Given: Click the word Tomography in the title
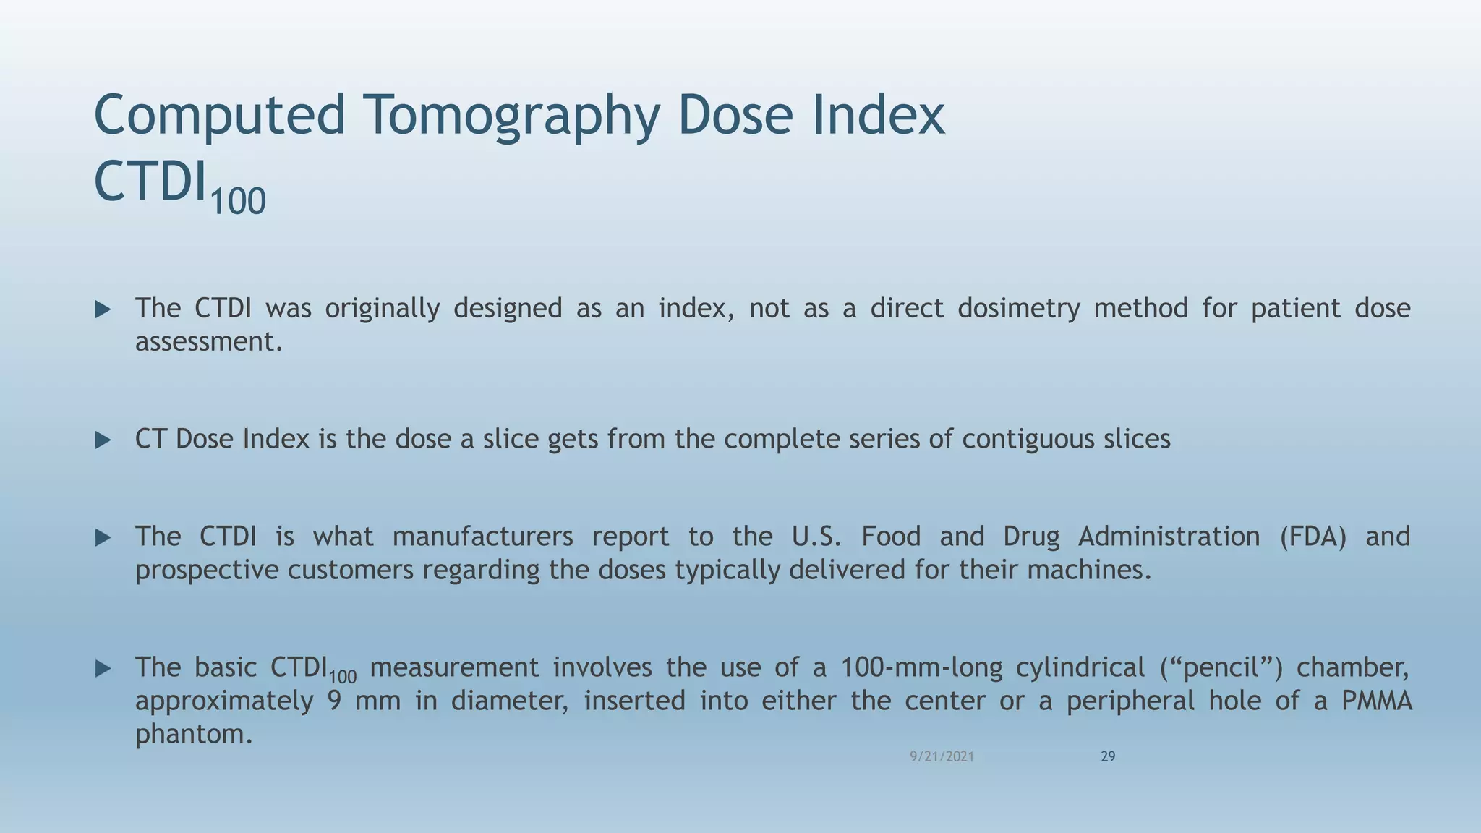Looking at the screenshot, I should tap(511, 116).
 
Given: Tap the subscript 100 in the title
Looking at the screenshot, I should tap(238, 200).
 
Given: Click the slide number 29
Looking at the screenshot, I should tap(1108, 756).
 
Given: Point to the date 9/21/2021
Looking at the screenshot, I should tap(942, 756).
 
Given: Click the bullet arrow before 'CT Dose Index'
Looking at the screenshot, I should tap(103, 440).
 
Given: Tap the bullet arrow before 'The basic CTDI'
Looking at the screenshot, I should tap(103, 668).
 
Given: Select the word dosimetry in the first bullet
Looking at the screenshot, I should tap(1018, 309).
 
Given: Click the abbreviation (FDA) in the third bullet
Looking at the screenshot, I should tap(1313, 537).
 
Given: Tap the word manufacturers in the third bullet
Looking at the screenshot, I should tap(482, 537).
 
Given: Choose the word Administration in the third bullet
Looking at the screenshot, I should tap(1169, 537).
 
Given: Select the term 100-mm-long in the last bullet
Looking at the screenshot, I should tap(921, 667).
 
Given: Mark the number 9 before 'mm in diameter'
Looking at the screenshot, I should tap(334, 701).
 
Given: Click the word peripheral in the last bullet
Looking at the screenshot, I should tap(1130, 701).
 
